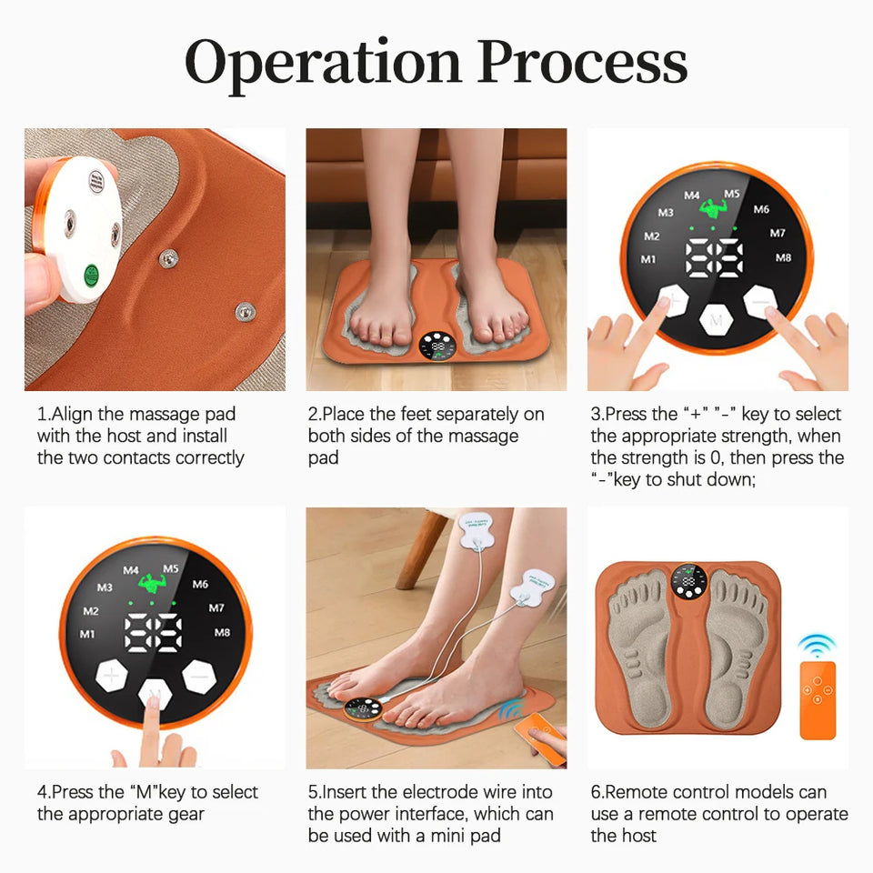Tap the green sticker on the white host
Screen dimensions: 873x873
(90, 274)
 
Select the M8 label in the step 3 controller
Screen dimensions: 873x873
(783, 257)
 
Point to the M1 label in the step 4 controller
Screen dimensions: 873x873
(87, 634)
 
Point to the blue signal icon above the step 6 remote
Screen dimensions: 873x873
(816, 646)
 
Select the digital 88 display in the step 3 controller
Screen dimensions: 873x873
(716, 257)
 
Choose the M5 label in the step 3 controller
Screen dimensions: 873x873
(732, 194)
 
